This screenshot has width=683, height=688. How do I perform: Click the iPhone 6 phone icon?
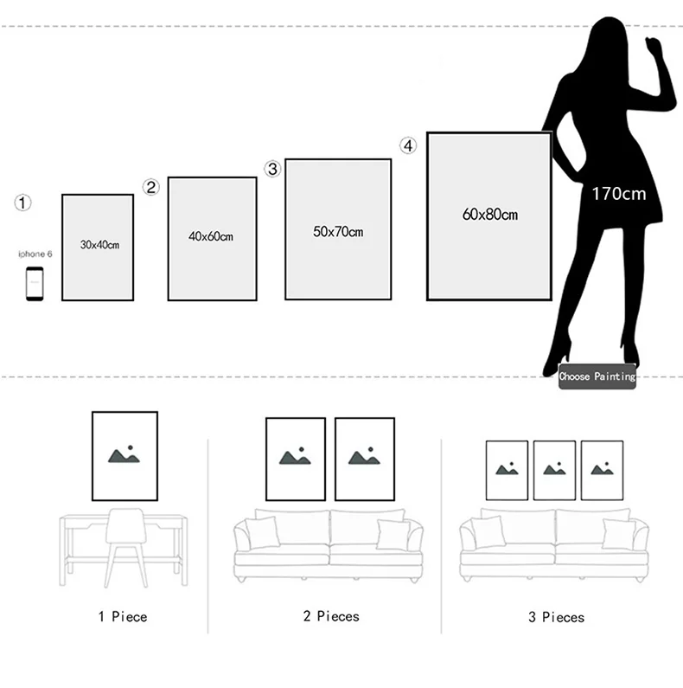tap(35, 284)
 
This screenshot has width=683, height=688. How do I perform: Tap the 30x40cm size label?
tap(99, 245)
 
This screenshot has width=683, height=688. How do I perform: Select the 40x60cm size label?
tap(211, 235)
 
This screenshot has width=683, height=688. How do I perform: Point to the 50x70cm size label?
tap(338, 232)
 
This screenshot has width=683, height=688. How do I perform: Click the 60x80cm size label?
tap(489, 214)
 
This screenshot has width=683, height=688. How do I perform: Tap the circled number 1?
tap(23, 203)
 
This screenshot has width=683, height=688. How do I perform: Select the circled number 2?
tap(151, 186)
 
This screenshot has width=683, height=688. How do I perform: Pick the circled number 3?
tap(273, 169)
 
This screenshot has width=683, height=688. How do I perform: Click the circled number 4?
tap(408, 145)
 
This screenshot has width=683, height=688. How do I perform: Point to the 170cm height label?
tap(618, 194)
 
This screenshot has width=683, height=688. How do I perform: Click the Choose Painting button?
tap(597, 376)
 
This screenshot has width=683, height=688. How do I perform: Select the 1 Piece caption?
tap(122, 617)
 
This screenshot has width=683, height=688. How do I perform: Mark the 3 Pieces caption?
tap(556, 617)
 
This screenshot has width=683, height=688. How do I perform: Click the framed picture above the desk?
tap(125, 456)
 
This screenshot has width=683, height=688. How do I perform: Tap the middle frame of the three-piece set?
tap(554, 470)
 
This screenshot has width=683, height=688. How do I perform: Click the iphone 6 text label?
tap(35, 254)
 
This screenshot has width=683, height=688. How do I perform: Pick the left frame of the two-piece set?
tap(296, 459)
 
